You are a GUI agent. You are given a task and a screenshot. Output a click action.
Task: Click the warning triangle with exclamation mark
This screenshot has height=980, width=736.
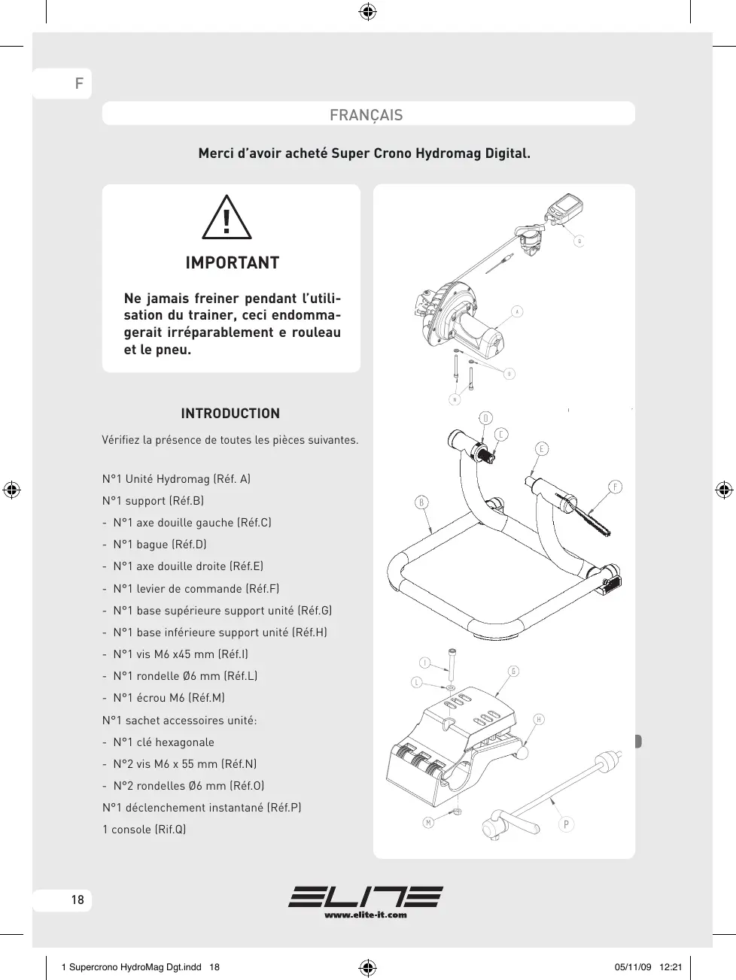(x=227, y=218)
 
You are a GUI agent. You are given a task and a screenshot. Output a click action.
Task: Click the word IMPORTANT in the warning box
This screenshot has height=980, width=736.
(x=232, y=263)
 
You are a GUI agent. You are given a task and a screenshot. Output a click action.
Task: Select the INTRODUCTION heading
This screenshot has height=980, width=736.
(x=230, y=414)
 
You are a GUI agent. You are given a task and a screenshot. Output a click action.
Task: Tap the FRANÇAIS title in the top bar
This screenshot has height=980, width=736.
(x=366, y=115)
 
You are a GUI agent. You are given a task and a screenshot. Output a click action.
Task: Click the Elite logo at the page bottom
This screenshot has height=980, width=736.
(x=366, y=897)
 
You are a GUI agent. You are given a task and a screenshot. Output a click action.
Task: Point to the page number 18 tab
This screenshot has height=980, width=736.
(x=78, y=900)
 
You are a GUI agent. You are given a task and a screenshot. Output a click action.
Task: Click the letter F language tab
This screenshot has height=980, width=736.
(x=78, y=83)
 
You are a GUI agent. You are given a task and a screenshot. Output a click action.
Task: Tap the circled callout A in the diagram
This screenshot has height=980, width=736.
(x=517, y=311)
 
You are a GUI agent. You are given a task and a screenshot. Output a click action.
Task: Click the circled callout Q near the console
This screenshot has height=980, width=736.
(x=579, y=241)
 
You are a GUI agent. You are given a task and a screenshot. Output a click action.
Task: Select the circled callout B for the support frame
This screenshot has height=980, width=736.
(x=421, y=502)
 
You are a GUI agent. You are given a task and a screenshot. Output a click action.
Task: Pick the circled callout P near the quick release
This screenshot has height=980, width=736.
(x=566, y=824)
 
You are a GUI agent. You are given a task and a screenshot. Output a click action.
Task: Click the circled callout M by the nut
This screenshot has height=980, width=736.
(x=427, y=823)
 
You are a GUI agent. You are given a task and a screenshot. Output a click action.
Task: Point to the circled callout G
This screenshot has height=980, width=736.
(x=513, y=672)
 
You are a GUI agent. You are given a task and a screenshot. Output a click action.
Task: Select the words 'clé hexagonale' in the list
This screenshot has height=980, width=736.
(x=175, y=742)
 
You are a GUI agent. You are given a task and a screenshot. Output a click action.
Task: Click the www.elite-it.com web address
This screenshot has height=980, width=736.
(x=366, y=915)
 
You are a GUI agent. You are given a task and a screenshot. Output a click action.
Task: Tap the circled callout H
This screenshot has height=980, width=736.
(x=539, y=720)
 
